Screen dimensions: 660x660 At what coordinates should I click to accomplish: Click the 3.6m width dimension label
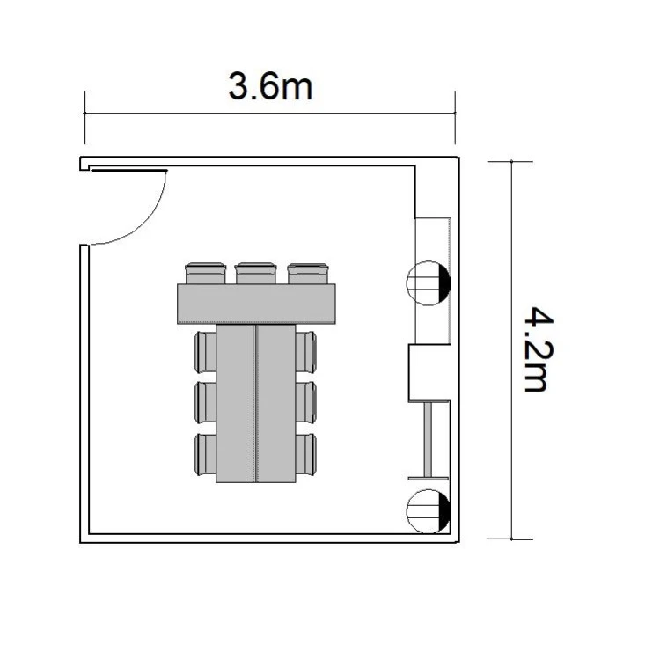[270, 86]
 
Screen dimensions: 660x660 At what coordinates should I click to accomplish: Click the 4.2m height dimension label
[539, 349]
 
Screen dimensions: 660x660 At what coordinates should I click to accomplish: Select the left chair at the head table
[205, 273]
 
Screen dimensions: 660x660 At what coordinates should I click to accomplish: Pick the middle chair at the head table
[255, 273]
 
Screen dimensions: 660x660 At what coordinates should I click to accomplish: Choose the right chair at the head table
[308, 273]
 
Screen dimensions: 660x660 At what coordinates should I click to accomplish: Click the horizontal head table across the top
[256, 304]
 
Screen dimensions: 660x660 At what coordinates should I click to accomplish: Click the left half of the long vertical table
[236, 403]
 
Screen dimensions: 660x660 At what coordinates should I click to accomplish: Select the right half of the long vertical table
[275, 403]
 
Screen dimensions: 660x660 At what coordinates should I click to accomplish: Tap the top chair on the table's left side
[206, 352]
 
